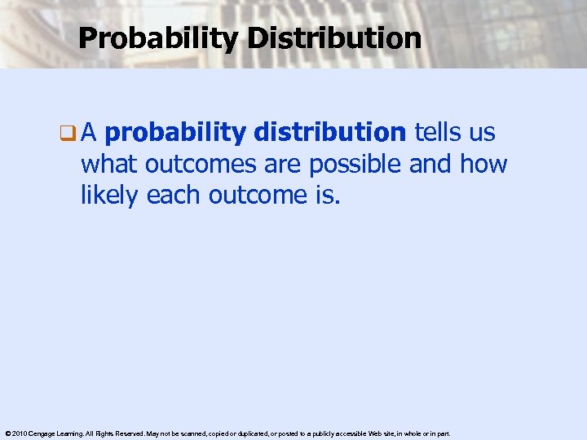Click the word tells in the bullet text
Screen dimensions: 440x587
[x=440, y=132]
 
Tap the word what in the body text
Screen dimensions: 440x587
[x=110, y=165]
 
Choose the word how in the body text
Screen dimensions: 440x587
[x=483, y=165]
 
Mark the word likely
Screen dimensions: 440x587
[x=110, y=196]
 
